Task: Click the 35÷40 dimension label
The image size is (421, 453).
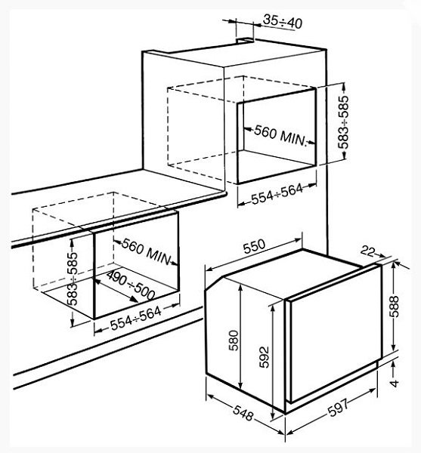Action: (x=283, y=22)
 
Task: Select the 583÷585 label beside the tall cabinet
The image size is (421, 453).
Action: (x=344, y=122)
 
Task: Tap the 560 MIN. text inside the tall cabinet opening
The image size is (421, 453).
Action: (x=280, y=136)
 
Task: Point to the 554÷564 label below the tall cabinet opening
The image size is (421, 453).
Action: (x=277, y=194)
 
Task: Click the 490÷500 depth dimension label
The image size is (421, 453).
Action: (x=131, y=285)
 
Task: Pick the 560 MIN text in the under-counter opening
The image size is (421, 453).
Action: (x=146, y=251)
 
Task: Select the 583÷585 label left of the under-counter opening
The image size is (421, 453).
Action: (x=73, y=279)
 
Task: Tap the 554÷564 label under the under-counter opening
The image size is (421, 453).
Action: (x=136, y=319)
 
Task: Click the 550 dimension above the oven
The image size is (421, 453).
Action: (x=254, y=246)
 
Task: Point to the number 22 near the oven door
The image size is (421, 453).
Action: (x=367, y=251)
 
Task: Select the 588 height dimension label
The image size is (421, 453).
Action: (x=394, y=307)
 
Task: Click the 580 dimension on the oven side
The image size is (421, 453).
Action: (x=234, y=341)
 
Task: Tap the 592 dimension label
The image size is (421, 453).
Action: (x=264, y=357)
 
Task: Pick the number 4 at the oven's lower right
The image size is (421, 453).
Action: (x=395, y=384)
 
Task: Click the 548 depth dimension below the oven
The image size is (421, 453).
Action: (x=243, y=413)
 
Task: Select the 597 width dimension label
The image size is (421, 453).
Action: (x=339, y=408)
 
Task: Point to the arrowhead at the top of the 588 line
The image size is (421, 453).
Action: (x=393, y=265)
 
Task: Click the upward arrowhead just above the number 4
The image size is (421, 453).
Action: (x=393, y=365)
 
